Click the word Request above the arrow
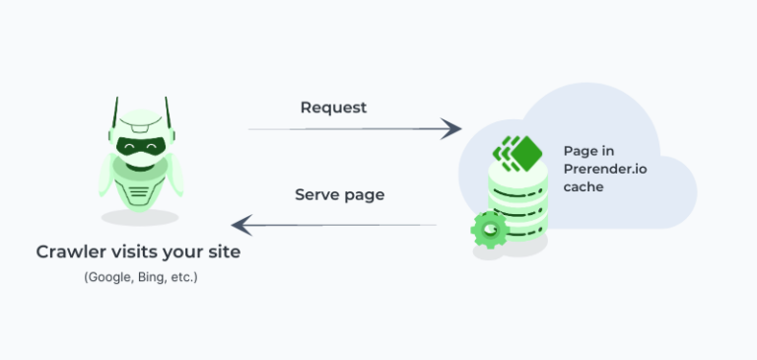pos(333,108)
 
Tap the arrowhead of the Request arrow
pos(451,129)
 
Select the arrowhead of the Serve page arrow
pos(241,225)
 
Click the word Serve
pos(315,194)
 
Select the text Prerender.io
pos(605,169)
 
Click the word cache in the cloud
pos(584,187)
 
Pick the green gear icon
pos(490,230)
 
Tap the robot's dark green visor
pos(141,146)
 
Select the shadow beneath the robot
pos(140,217)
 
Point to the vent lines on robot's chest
pos(140,192)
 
